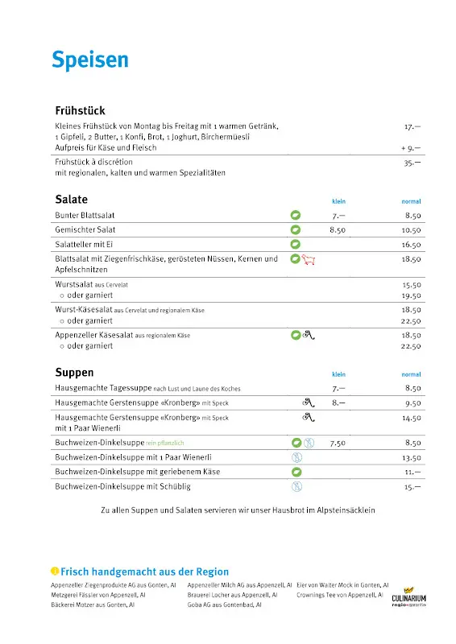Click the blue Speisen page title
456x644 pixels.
(x=90, y=60)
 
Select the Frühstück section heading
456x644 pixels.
(x=80, y=110)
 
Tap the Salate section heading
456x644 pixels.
(x=71, y=199)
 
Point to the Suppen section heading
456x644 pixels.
(x=74, y=373)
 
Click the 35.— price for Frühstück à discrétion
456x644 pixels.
(x=412, y=162)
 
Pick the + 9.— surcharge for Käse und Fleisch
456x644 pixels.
(x=411, y=148)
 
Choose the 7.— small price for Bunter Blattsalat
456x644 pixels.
(x=338, y=216)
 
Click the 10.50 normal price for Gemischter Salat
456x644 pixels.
(x=412, y=230)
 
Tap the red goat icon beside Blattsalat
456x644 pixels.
(x=310, y=259)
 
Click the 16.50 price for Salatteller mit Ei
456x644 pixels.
(x=412, y=245)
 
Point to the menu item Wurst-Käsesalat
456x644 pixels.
(x=84, y=310)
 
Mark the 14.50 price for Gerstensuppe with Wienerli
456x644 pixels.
(x=412, y=419)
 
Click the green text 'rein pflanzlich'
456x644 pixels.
(x=165, y=443)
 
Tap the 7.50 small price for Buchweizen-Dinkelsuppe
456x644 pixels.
(x=338, y=443)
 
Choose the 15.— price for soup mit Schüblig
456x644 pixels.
(x=412, y=487)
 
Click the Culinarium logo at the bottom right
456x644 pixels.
(x=409, y=596)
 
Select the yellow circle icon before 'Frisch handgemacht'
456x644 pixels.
(x=55, y=571)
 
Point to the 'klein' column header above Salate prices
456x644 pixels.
(x=338, y=201)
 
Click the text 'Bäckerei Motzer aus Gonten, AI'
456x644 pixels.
(x=93, y=604)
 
